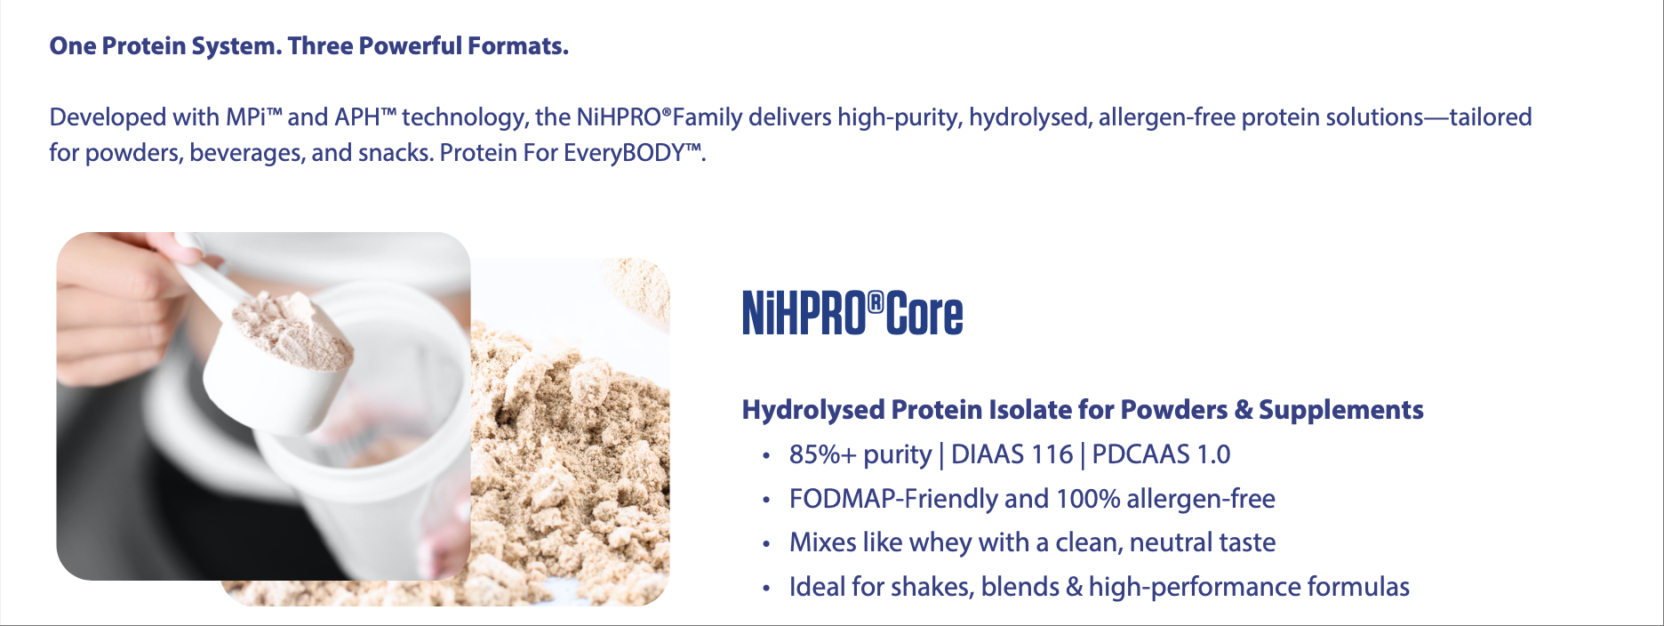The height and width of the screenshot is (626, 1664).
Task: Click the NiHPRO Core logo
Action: click(852, 314)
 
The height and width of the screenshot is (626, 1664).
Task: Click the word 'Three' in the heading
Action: click(320, 45)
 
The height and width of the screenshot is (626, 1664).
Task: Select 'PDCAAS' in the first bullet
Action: click(1140, 454)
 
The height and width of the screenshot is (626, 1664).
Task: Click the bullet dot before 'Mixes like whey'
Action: click(765, 544)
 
